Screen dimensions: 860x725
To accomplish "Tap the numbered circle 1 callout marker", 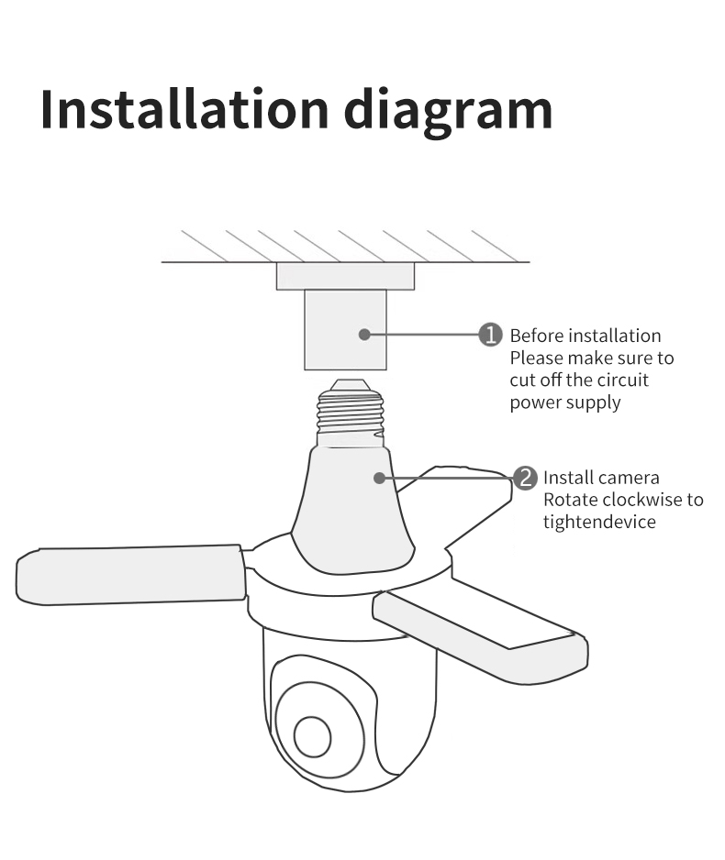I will (492, 335).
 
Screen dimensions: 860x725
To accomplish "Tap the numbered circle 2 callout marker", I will (525, 478).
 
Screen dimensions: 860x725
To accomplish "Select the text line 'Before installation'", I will (585, 336).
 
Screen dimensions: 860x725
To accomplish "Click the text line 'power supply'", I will (565, 402).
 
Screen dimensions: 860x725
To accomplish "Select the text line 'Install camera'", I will (601, 478).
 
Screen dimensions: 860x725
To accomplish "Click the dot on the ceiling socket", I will (364, 335).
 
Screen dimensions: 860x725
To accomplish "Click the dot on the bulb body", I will (378, 477).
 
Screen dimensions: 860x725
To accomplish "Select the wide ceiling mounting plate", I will (345, 276).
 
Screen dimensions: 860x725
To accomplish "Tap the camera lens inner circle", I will (312, 737).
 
